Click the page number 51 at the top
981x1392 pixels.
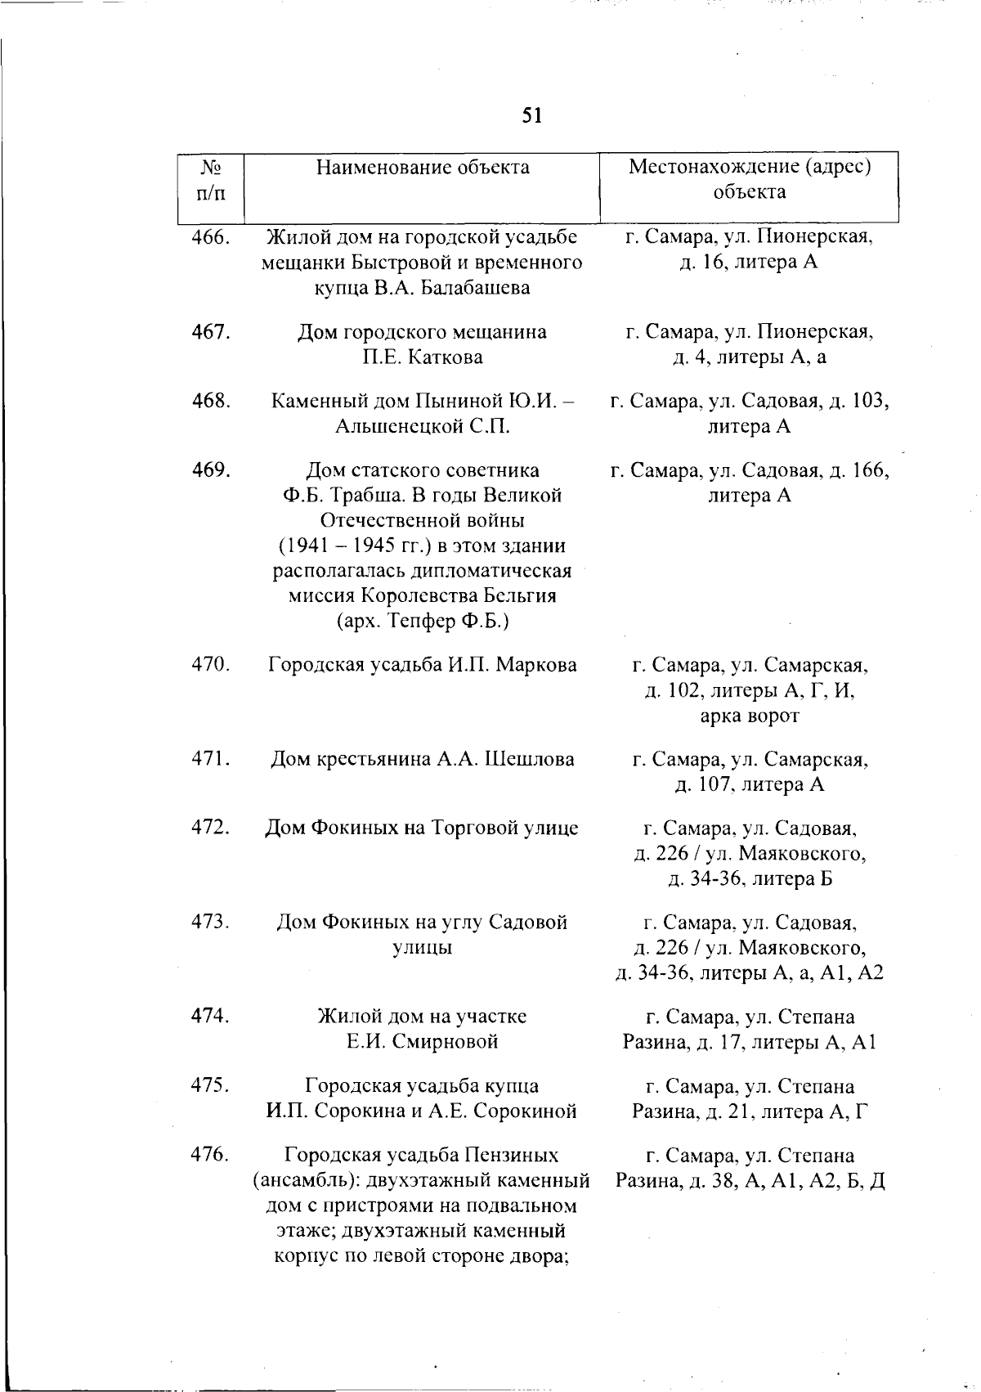coord(531,115)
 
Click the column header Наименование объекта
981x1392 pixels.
coord(423,168)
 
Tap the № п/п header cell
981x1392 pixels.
coord(211,181)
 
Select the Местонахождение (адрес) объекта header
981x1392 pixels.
coord(750,179)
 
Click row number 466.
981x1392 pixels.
coord(211,238)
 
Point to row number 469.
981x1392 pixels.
coord(211,470)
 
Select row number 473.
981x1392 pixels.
coord(211,922)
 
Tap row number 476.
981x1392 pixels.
coord(211,1155)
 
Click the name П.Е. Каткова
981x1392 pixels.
coord(423,357)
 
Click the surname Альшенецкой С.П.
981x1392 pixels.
coord(423,427)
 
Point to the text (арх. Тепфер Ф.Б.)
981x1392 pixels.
coord(423,622)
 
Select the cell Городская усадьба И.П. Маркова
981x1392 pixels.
coord(423,665)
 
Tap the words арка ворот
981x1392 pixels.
coord(750,716)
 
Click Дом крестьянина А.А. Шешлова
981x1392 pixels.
coord(423,759)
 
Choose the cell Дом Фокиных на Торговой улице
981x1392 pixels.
coord(423,828)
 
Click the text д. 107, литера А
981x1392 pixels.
coord(750,785)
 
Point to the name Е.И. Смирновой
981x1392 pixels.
coord(423,1042)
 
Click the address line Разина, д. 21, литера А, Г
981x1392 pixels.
coord(750,1111)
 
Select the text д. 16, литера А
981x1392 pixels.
coord(750,263)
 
